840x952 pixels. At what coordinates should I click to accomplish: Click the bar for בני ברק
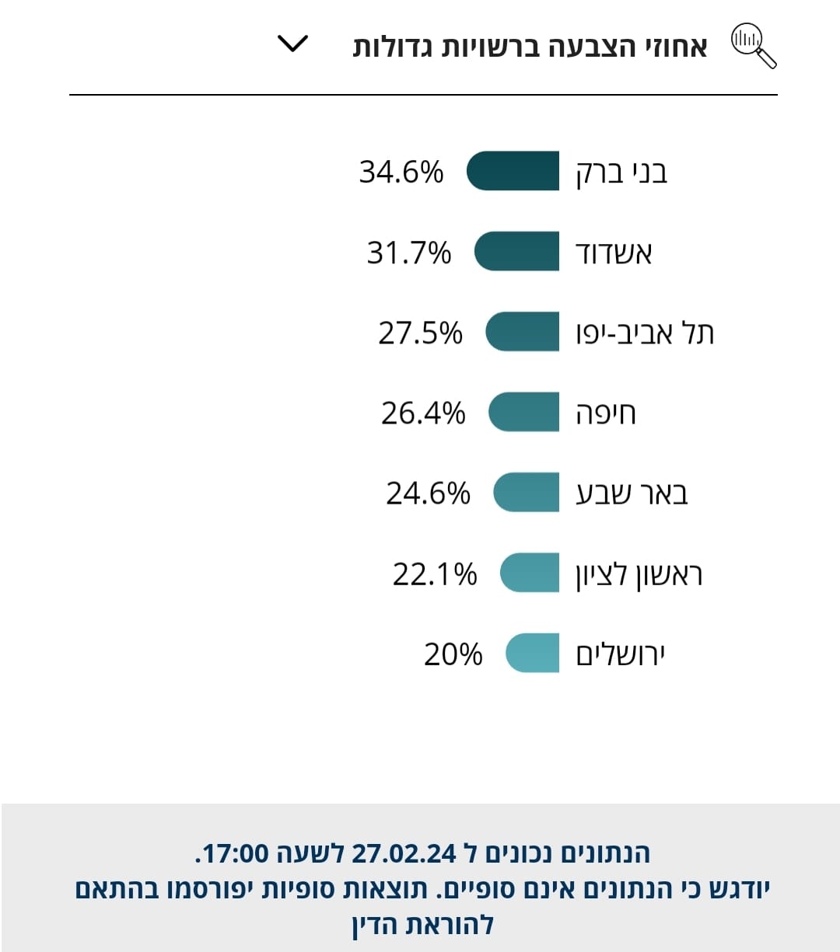tap(513, 171)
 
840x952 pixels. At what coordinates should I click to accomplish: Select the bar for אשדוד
tap(516, 252)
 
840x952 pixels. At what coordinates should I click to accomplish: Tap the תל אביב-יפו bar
tap(522, 332)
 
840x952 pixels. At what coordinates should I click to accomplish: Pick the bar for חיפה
tap(523, 413)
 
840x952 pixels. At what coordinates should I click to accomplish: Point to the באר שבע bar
tap(526, 493)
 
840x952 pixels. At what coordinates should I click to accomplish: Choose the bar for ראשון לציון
tap(529, 574)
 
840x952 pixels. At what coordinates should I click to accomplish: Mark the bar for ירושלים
tap(532, 654)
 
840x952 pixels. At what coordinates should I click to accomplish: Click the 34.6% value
tap(401, 171)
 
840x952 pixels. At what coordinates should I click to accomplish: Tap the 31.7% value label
tap(408, 252)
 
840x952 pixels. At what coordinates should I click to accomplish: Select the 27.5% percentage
tap(420, 333)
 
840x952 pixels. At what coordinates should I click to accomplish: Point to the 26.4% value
tap(423, 413)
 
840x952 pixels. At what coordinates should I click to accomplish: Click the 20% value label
tap(453, 654)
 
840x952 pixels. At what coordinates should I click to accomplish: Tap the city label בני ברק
tap(621, 172)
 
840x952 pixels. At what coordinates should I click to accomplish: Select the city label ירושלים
tap(620, 654)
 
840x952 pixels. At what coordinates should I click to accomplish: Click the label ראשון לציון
tap(639, 574)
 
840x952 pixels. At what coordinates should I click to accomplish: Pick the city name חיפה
tap(605, 413)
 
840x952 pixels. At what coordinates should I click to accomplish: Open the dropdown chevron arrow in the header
tap(293, 44)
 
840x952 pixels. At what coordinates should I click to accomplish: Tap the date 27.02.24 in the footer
tap(404, 853)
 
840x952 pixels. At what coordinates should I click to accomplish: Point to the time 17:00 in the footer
tap(236, 853)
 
